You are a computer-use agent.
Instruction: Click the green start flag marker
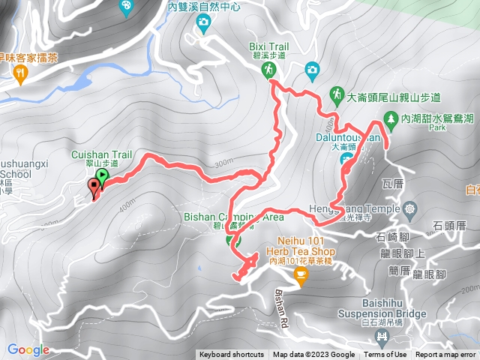(102, 177)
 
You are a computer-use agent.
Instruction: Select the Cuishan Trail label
(101, 154)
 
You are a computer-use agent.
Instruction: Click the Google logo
(28, 349)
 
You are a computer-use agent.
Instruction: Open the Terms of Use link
(385, 355)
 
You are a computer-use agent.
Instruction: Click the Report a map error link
(445, 355)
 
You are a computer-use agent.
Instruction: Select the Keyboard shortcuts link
(232, 355)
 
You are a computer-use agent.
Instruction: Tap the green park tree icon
(390, 118)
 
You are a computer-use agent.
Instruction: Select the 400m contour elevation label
(125, 202)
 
